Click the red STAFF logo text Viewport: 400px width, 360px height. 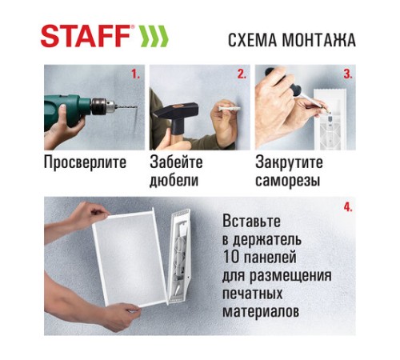point(86,38)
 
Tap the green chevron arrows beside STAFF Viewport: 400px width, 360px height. point(154,38)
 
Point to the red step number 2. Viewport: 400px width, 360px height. point(241,74)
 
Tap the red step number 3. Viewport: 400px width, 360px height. point(347,74)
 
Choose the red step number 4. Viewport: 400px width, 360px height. point(347,207)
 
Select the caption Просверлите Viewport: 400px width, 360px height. point(86,163)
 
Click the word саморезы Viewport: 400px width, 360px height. point(288,181)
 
